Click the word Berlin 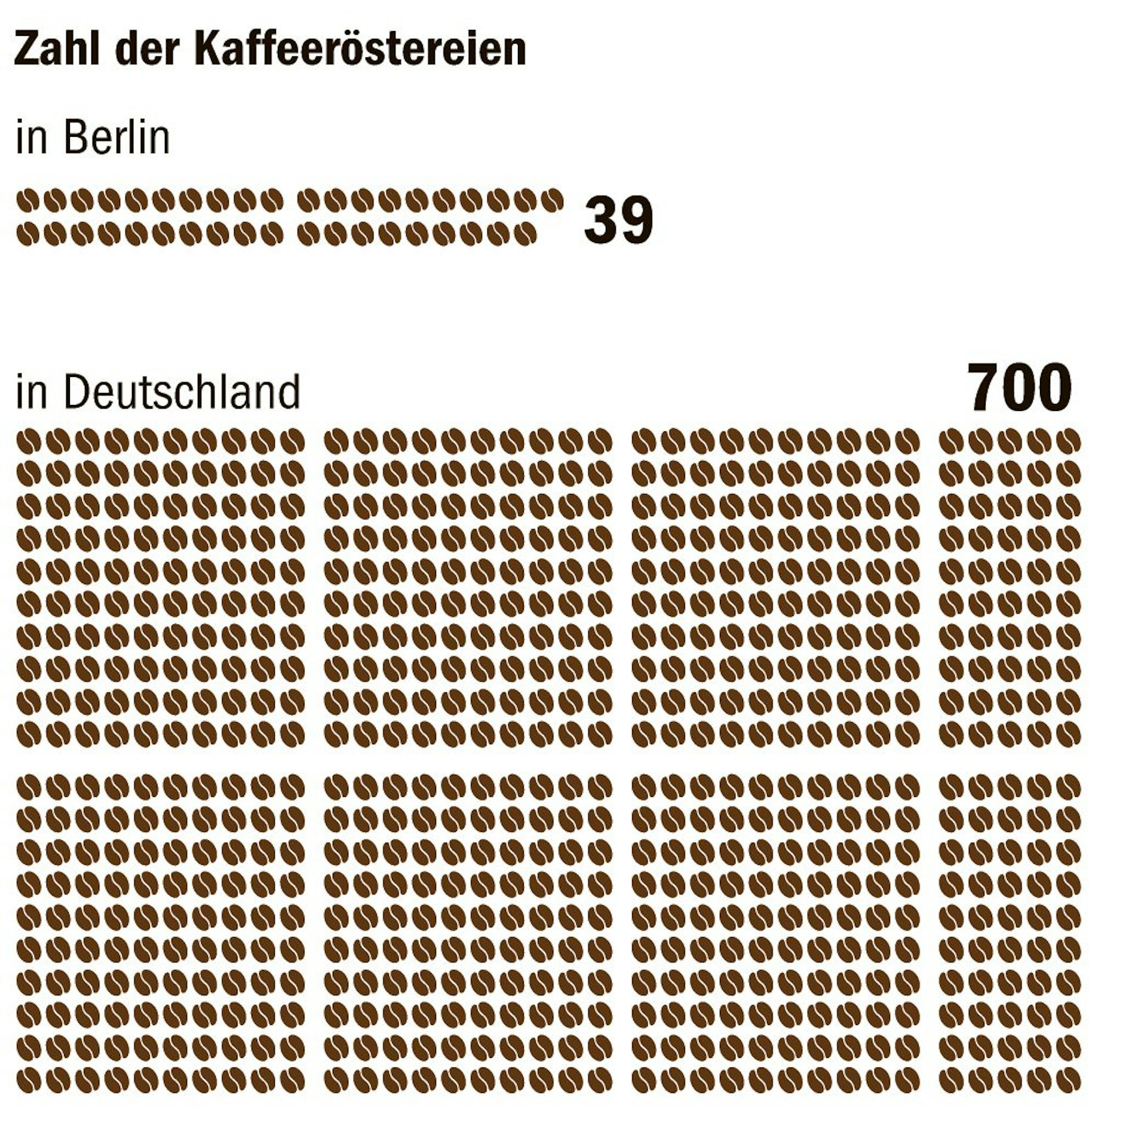pyautogui.click(x=117, y=138)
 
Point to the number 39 pyautogui.click(x=618, y=220)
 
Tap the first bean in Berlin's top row pyautogui.click(x=26, y=200)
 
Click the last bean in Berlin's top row pyautogui.click(x=551, y=198)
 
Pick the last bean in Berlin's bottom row pyautogui.click(x=525, y=234)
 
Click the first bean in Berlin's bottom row pyautogui.click(x=26, y=234)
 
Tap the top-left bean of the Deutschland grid pyautogui.click(x=26, y=441)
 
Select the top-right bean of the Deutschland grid pyautogui.click(x=1071, y=441)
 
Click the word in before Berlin pyautogui.click(x=31, y=138)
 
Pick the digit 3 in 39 pyautogui.click(x=601, y=220)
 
